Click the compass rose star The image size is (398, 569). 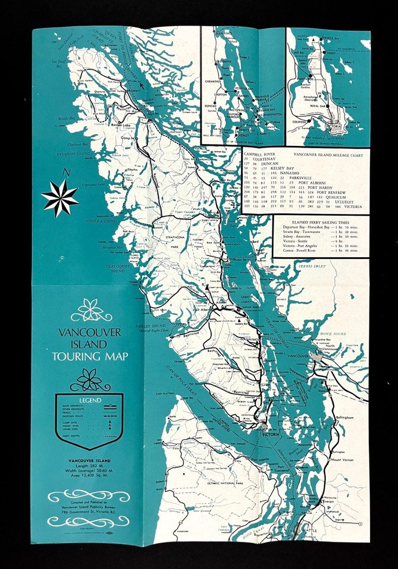point(59,198)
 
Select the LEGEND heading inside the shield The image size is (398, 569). point(88,401)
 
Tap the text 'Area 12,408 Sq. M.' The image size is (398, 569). point(88,474)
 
